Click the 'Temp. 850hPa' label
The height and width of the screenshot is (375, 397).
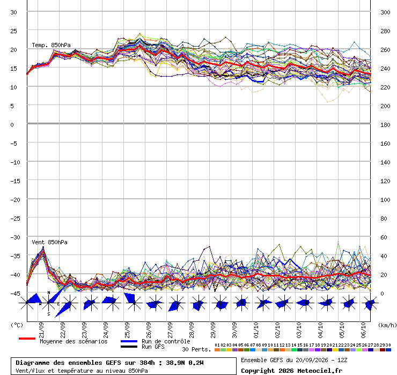(x=51, y=45)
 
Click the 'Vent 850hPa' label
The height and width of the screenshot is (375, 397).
(x=49, y=242)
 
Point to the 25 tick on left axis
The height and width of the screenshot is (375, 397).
(x=13, y=31)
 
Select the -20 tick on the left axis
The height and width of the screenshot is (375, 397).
(x=15, y=200)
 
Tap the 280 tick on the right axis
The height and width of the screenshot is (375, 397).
(x=385, y=31)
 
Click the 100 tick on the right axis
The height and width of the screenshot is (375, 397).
(x=385, y=200)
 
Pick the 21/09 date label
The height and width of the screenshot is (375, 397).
(x=41, y=330)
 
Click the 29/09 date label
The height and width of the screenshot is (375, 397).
(x=213, y=330)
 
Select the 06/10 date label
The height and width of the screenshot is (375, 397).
(x=363, y=330)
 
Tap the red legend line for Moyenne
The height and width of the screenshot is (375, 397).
(x=27, y=339)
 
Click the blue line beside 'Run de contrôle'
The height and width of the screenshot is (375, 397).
(x=129, y=341)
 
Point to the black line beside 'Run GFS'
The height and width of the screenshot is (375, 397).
(x=129, y=347)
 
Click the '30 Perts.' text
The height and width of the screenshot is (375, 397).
(x=196, y=349)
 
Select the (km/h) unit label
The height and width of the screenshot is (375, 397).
(x=387, y=325)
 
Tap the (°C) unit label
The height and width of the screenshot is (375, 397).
(x=17, y=325)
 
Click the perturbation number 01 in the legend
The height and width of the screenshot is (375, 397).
(x=217, y=345)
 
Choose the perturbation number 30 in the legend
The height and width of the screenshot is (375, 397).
(x=388, y=345)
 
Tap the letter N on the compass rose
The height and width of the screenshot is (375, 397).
(x=49, y=293)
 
